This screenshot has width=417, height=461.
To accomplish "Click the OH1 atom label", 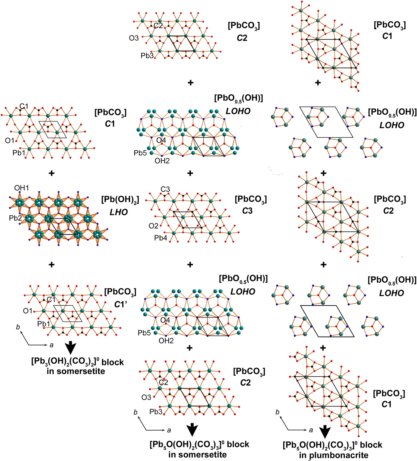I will pos(22,188).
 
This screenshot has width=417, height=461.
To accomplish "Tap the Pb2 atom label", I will pos(15,218).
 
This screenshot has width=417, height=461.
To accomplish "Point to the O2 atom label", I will pos(153,226).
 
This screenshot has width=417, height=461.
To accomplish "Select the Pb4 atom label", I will pos(161,238).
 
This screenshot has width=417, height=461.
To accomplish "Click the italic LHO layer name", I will pos(119,212).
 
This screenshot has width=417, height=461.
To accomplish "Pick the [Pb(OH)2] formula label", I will pos(120,199).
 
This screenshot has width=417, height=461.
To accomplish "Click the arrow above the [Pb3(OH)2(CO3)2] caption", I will pos(71,348).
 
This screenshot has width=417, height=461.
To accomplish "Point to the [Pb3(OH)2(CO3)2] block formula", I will pos(77,362).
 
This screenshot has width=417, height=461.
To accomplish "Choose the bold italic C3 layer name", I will pos(247,211).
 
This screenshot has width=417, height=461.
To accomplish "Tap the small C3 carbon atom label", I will pos(165,189).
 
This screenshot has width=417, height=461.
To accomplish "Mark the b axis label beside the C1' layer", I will pos(18,327).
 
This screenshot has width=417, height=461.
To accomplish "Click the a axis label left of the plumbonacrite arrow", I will pos(311,430).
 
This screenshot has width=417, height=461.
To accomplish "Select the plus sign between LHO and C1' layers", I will pos(52,264).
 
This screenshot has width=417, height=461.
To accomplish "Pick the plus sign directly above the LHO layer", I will pos(52,173).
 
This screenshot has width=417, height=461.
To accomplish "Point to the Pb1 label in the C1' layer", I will pos(43,324).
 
